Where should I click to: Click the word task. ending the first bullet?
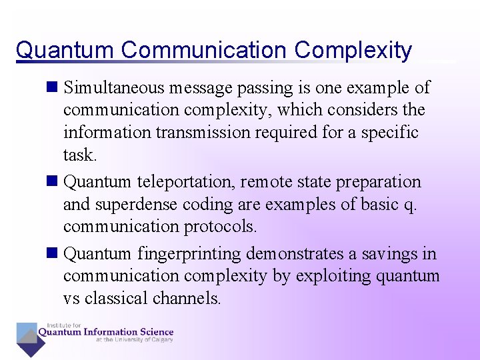(80, 155)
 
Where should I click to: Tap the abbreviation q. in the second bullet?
(410, 205)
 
